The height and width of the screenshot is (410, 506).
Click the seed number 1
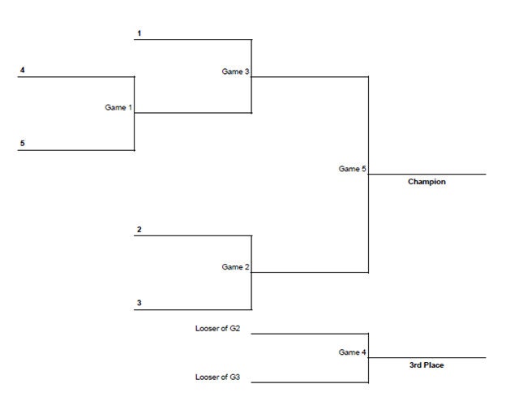point(139,33)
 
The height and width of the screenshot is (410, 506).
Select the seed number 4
point(22,71)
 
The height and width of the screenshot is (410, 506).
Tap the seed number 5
point(22,144)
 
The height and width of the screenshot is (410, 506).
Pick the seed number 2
point(139,230)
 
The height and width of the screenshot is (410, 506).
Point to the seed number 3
point(139,303)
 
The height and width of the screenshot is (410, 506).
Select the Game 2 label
point(235,266)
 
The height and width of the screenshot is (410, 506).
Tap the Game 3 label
point(235,71)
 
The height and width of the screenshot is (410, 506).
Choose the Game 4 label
point(353,352)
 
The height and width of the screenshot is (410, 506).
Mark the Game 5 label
point(353,169)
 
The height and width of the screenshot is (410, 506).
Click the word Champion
point(427,182)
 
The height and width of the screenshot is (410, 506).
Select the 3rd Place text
point(427,365)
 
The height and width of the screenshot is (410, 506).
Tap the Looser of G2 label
point(217,329)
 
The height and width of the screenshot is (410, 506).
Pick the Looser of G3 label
point(217,378)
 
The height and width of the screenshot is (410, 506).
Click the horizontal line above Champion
point(427,174)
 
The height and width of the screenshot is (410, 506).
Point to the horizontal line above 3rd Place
point(427,357)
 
